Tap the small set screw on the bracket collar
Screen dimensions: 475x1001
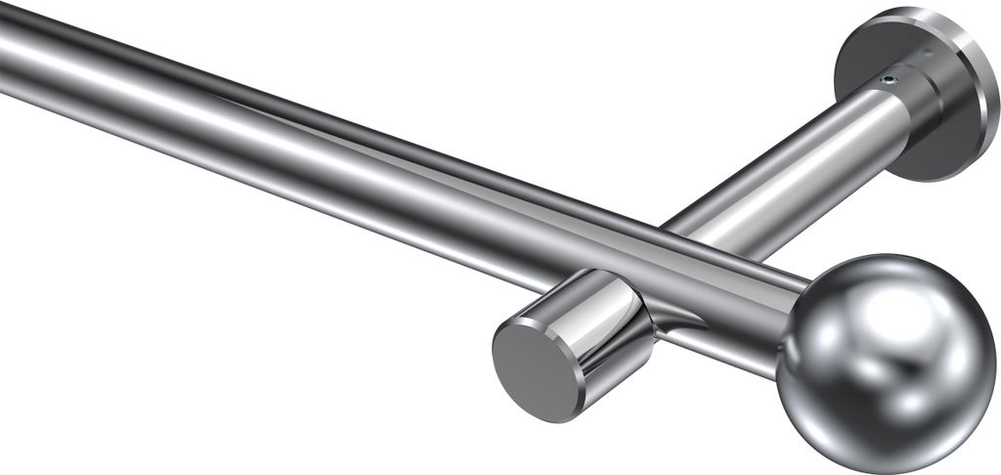pos(888,81)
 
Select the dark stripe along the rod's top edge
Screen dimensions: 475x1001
pos(293,108)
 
